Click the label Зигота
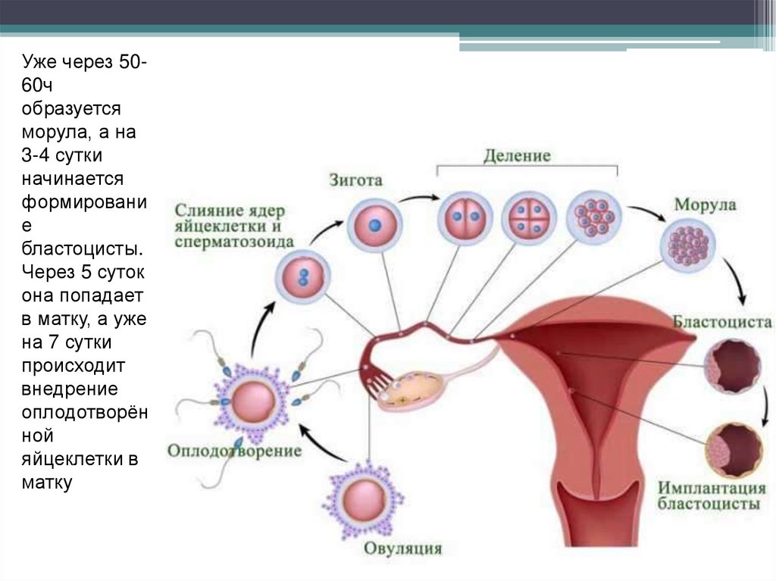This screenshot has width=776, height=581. click(x=355, y=181)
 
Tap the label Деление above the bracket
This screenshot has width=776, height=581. click(x=517, y=156)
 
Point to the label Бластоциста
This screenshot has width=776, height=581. click(x=722, y=322)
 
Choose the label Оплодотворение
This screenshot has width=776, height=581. click(x=235, y=451)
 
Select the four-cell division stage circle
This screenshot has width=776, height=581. click(x=527, y=215)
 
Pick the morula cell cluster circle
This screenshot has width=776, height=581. click(x=689, y=245)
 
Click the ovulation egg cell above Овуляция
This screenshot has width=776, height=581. click(x=362, y=500)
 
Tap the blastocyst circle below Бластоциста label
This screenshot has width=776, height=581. click(x=731, y=366)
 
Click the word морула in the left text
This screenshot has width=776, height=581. click(x=49, y=134)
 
